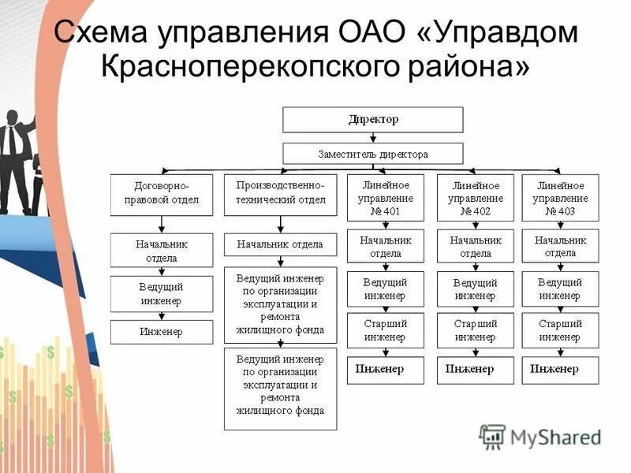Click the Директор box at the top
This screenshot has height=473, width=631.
tap(373, 121)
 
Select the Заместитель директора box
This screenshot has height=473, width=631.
tap(373, 154)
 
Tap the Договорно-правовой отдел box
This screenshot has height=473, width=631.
tap(162, 194)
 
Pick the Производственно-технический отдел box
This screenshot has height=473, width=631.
tap(280, 194)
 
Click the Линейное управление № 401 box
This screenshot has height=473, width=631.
tap(385, 198)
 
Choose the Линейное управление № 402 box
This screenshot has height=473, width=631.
tap(476, 198)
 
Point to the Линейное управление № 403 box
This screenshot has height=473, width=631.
tap(561, 198)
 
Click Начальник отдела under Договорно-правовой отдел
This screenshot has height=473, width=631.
tap(162, 251)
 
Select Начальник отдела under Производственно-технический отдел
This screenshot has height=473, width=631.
tap(280, 244)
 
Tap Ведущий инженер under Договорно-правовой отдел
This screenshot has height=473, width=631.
tap(162, 294)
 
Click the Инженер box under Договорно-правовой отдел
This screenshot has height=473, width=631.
tap(162, 332)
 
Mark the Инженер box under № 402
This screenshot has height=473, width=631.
tap(476, 370)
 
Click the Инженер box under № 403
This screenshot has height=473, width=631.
tap(561, 370)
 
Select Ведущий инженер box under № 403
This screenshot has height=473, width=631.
tap(561, 289)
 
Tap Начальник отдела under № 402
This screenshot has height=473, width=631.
tap(476, 247)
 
